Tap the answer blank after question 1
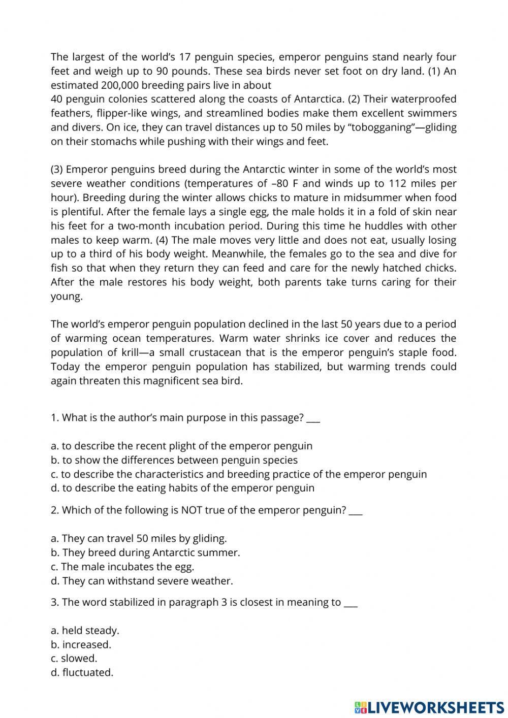[x=313, y=418]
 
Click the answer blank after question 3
[x=351, y=603]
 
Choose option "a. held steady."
[x=85, y=631]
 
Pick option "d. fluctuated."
[x=82, y=673]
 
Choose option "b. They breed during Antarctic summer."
[x=145, y=552]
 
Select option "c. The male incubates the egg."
[x=122, y=567]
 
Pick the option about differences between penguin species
[x=174, y=460]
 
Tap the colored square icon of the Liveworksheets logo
[x=360, y=707]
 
